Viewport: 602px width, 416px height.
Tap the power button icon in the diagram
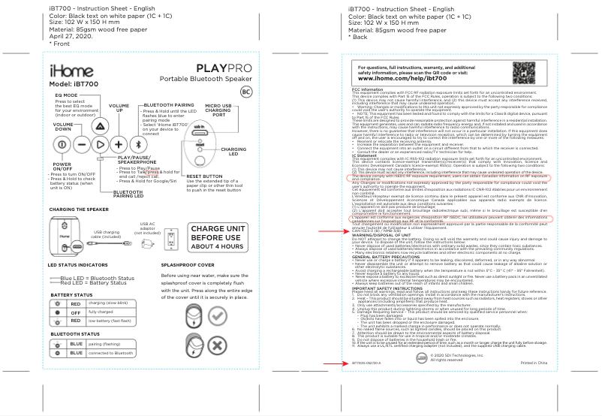(62, 144)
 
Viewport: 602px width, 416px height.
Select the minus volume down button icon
(80, 144)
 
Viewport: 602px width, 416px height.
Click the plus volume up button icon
(118, 144)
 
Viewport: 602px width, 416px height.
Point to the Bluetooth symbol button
(137, 144)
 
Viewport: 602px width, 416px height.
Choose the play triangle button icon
(99, 144)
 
